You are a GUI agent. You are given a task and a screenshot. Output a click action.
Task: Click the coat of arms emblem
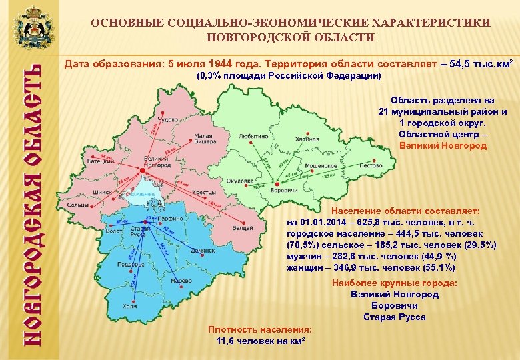point(29,27)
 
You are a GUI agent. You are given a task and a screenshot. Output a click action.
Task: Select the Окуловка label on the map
point(239,181)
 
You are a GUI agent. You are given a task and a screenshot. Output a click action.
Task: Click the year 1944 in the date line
point(220,64)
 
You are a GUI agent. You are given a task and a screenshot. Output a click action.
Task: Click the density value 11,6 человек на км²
point(260,341)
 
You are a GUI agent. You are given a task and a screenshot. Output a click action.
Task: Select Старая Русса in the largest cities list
point(395,317)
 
